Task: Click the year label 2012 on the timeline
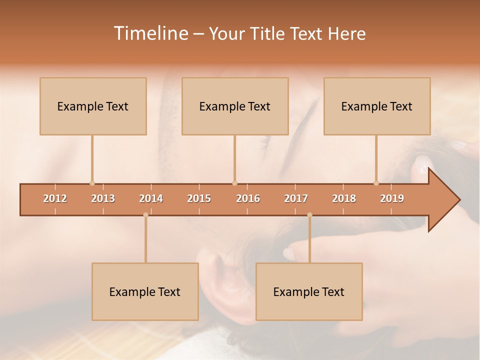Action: (x=55, y=198)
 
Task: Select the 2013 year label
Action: (x=103, y=198)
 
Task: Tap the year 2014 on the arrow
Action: (x=151, y=198)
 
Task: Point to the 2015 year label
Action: (x=199, y=198)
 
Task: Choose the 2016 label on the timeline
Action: (x=248, y=198)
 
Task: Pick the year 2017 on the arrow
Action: (x=296, y=198)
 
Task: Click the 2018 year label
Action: (x=344, y=198)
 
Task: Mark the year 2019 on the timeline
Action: (x=392, y=198)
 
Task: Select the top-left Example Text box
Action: (x=93, y=106)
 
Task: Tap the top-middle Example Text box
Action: (x=235, y=106)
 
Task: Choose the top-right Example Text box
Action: (x=377, y=106)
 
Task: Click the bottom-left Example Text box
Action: (x=145, y=292)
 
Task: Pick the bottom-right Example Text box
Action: (x=309, y=292)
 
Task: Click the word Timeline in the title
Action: (x=150, y=33)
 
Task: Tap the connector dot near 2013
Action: (x=92, y=183)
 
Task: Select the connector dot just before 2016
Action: (x=234, y=183)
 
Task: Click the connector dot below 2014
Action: (x=145, y=215)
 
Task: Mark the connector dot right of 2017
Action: (x=309, y=215)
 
